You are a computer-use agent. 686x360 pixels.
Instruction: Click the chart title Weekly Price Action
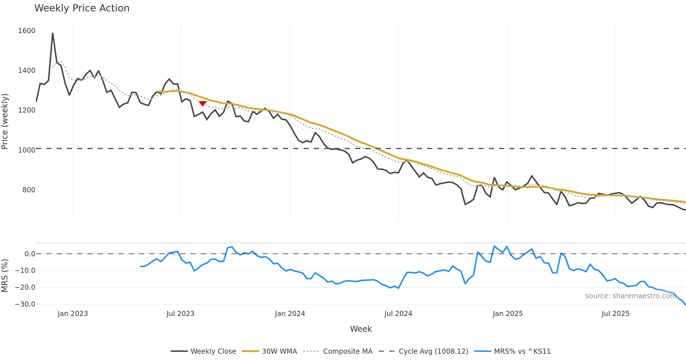[x=82, y=8]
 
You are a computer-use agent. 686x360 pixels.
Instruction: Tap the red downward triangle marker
[x=203, y=103]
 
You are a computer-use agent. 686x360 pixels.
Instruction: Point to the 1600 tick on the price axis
[x=27, y=31]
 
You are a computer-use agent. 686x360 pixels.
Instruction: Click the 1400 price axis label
[x=27, y=71]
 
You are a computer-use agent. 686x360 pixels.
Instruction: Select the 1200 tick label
[x=27, y=110]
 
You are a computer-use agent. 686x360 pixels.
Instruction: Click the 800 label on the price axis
[x=29, y=190]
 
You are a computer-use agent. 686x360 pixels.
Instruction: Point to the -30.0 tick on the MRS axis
[x=25, y=304]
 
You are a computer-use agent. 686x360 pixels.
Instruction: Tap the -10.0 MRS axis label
[x=25, y=271]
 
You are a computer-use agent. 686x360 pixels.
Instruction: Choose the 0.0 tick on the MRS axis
[x=30, y=254]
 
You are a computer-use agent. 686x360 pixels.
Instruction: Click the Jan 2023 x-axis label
[x=73, y=314]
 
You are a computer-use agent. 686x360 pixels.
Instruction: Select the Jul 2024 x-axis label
[x=398, y=314]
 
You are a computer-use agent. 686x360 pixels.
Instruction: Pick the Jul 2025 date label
[x=615, y=314]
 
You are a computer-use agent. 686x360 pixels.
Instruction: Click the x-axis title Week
[x=361, y=329]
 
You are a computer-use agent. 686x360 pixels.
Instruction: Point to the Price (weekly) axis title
[x=5, y=121]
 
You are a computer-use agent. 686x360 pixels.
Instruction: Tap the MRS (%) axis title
[x=5, y=276]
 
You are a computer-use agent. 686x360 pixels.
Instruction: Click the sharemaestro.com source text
[x=631, y=296]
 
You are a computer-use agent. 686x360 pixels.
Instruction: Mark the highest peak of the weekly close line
[x=53, y=33]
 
